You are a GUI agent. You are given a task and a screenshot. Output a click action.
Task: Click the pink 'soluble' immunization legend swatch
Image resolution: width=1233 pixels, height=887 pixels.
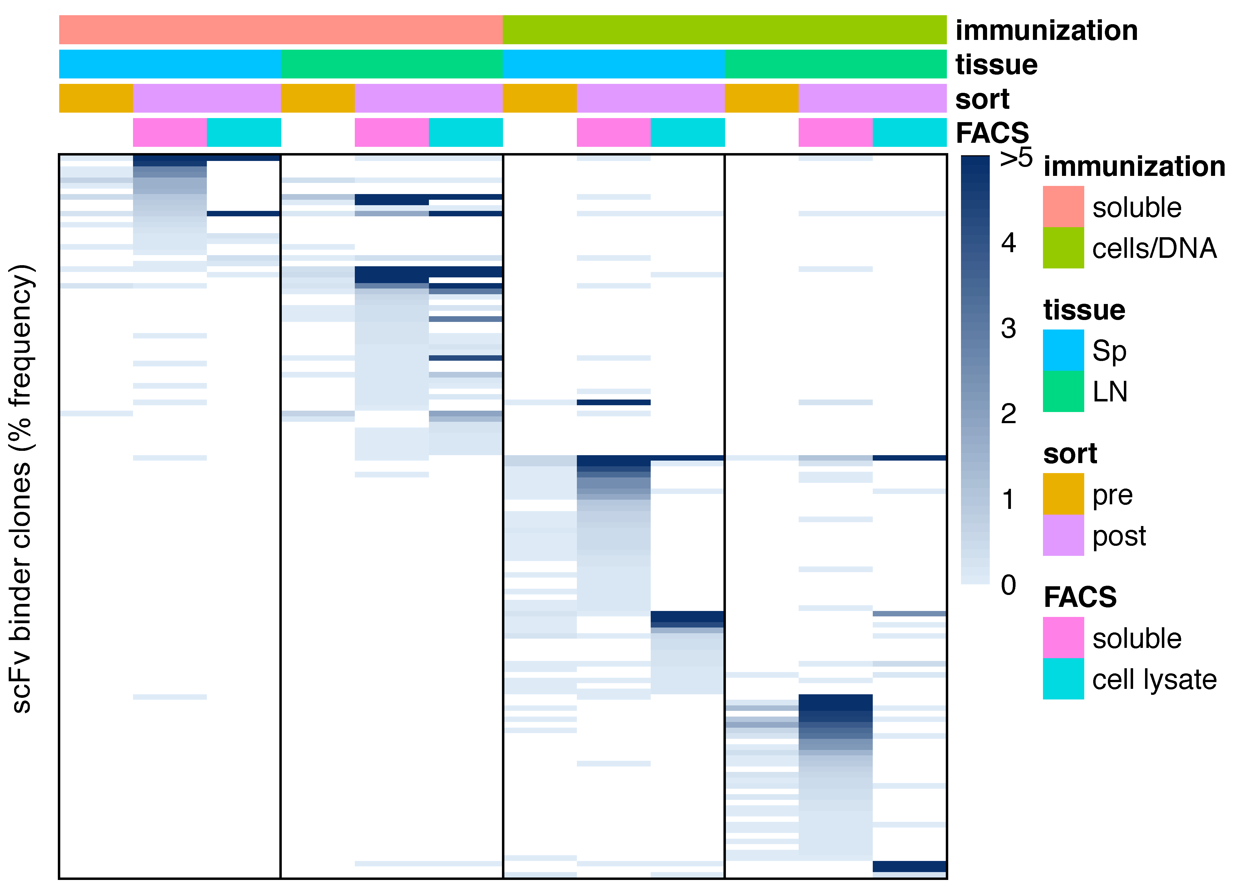pyautogui.click(x=1063, y=207)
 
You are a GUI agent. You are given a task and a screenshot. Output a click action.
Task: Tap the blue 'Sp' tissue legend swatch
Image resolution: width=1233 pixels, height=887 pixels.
pyautogui.click(x=1063, y=350)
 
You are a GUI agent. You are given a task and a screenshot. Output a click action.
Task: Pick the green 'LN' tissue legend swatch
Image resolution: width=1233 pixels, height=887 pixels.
pyautogui.click(x=1063, y=391)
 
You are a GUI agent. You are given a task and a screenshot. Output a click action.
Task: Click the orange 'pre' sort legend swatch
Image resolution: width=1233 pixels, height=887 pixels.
pyautogui.click(x=1063, y=494)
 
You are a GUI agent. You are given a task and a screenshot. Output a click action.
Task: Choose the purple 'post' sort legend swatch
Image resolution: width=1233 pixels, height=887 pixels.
pyautogui.click(x=1063, y=535)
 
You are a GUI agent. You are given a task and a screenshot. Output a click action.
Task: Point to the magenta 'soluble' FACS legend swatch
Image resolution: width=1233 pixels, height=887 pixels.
pyautogui.click(x=1063, y=638)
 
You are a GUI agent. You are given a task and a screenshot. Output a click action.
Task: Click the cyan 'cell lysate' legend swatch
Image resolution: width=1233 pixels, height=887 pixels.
pyautogui.click(x=1063, y=679)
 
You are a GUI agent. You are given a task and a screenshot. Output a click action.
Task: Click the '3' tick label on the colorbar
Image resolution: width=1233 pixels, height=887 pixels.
pyautogui.click(x=1008, y=328)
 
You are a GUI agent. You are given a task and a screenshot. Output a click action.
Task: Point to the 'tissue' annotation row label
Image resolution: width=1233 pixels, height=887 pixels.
pyautogui.click(x=996, y=65)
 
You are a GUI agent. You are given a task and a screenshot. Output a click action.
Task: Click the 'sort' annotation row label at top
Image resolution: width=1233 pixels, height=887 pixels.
pyautogui.click(x=982, y=99)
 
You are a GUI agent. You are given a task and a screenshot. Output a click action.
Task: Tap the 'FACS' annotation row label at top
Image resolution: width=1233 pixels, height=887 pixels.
pyautogui.click(x=992, y=133)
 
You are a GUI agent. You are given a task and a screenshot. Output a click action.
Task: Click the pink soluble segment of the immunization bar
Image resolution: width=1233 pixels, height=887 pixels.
pyautogui.click(x=280, y=30)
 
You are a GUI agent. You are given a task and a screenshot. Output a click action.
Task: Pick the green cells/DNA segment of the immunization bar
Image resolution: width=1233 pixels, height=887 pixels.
pyautogui.click(x=724, y=30)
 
